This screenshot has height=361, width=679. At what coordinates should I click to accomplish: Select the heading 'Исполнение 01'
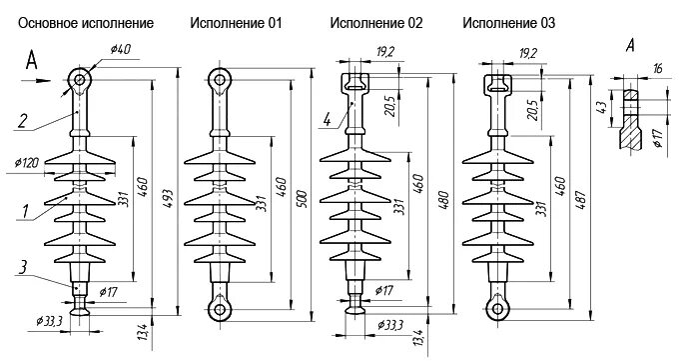pyautogui.click(x=236, y=21)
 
